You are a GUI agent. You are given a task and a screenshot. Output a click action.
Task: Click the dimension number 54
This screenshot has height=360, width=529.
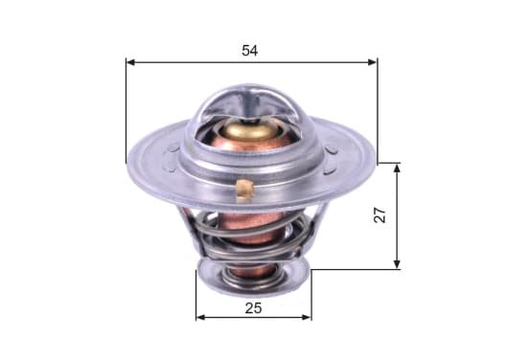[x=250, y=51]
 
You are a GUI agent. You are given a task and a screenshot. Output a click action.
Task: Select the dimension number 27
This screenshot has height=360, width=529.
[x=380, y=214]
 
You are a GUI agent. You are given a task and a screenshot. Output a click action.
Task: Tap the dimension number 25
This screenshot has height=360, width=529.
[x=253, y=308]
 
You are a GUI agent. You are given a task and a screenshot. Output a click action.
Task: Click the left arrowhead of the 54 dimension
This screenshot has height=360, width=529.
[x=131, y=62]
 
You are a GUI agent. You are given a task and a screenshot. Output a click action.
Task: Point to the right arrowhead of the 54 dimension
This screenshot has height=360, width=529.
[x=372, y=62]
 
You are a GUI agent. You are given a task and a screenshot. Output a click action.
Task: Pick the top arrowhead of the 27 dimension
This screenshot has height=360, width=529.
[x=397, y=168]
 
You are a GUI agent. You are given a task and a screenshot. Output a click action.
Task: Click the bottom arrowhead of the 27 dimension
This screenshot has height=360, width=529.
[x=397, y=264]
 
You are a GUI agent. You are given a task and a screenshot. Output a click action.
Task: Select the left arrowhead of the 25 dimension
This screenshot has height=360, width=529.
[x=200, y=317]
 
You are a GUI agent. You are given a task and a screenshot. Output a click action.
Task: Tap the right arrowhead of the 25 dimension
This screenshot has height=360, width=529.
[x=307, y=317]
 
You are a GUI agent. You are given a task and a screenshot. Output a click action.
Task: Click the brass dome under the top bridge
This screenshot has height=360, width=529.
[x=251, y=130]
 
